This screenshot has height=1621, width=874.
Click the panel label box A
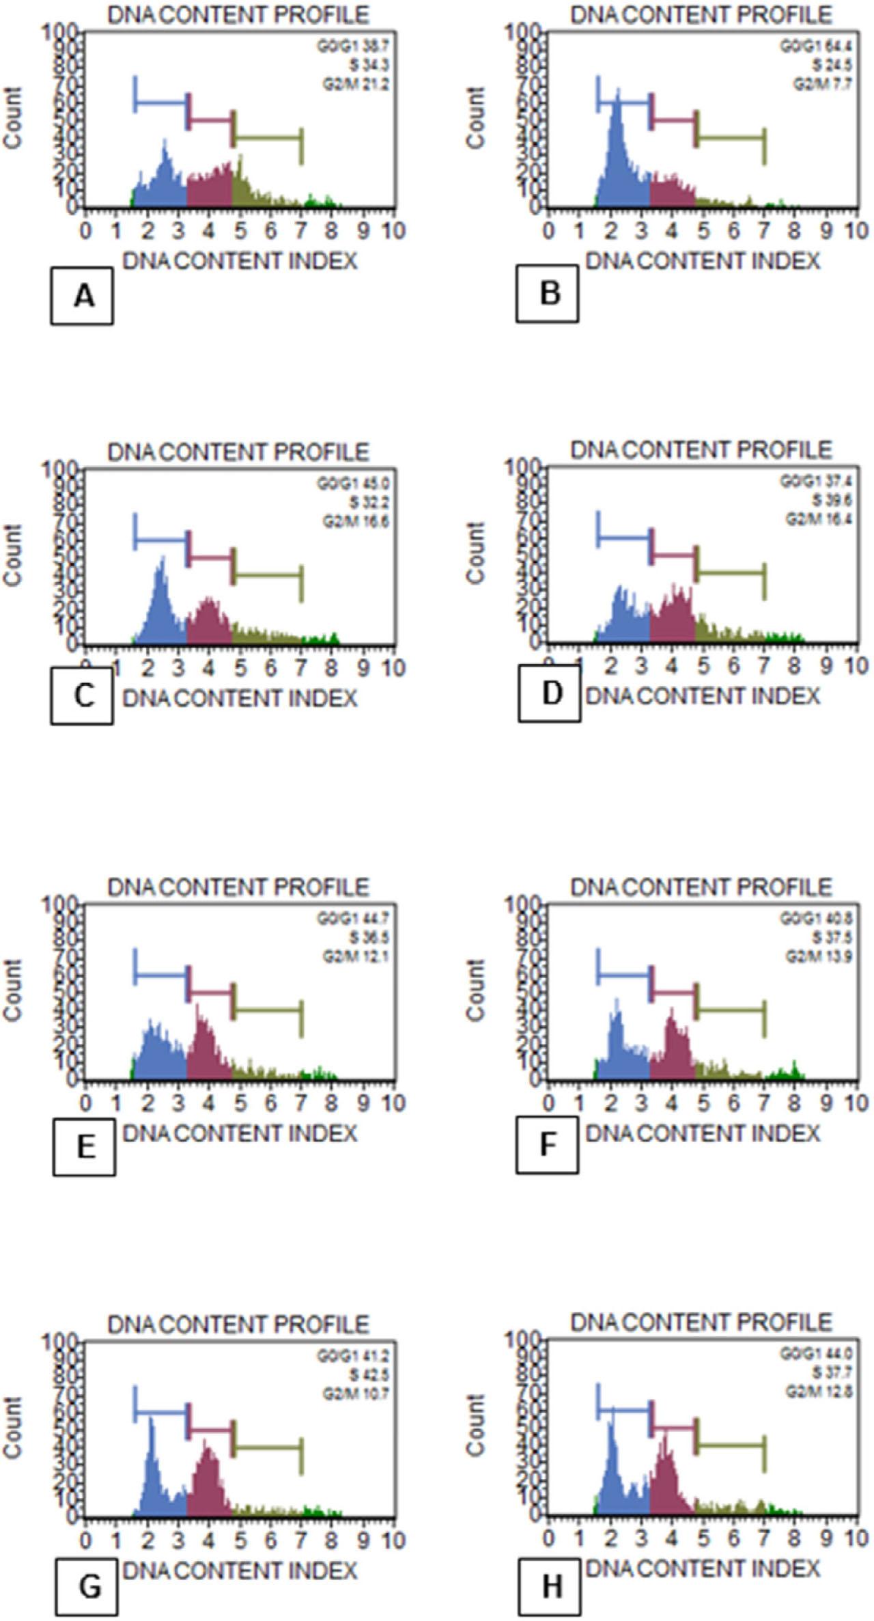click(82, 296)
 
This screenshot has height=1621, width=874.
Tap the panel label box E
click(84, 1148)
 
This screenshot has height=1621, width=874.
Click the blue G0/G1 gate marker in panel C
click(161, 540)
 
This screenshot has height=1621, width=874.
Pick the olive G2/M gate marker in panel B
click(731, 138)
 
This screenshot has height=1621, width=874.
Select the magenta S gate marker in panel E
click(211, 992)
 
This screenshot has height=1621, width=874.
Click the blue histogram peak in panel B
click(617, 102)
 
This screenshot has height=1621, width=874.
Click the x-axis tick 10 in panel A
click(393, 231)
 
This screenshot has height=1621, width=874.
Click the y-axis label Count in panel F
click(476, 990)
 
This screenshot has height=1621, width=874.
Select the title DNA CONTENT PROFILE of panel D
click(701, 449)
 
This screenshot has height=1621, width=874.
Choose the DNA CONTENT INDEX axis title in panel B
click(703, 261)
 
